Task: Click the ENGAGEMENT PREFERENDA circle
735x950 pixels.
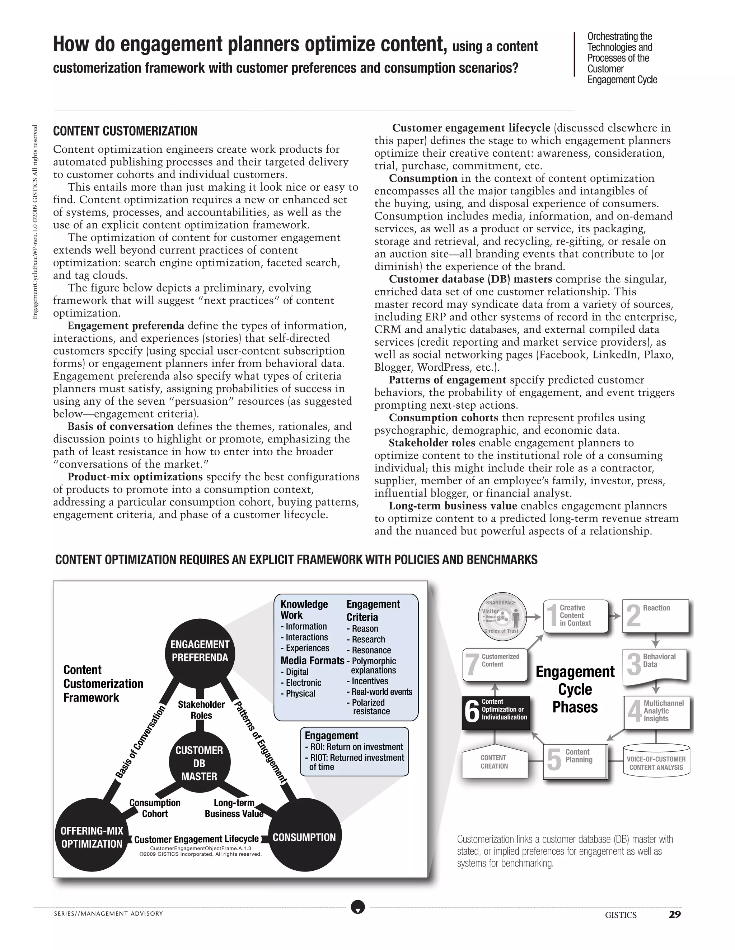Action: coord(200,651)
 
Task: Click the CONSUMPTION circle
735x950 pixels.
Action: coord(304,837)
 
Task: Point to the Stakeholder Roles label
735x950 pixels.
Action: coord(201,710)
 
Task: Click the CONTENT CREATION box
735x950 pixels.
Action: coord(494,762)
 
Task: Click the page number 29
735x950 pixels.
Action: coord(674,915)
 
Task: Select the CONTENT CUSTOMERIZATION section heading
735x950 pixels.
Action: coord(125,131)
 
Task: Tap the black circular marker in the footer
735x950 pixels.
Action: coord(358,907)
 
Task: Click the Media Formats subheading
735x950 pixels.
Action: coord(312,660)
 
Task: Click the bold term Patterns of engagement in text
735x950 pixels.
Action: coord(447,380)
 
